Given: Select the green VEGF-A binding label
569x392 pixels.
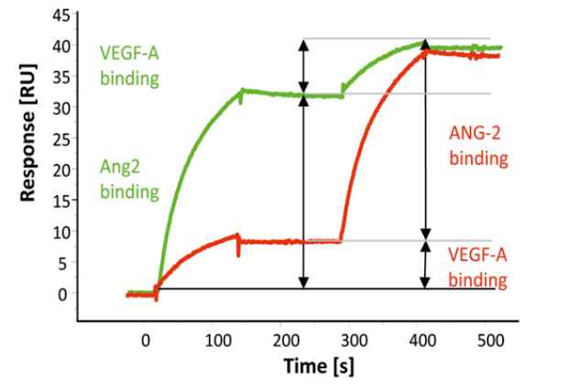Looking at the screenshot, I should [129, 64].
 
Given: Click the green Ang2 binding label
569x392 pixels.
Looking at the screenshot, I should [129, 180].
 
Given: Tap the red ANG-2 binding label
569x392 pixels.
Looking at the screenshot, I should [478, 147].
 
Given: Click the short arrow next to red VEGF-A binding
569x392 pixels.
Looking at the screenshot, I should [424, 265].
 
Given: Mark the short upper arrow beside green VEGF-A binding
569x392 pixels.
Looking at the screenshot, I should [303, 66].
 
